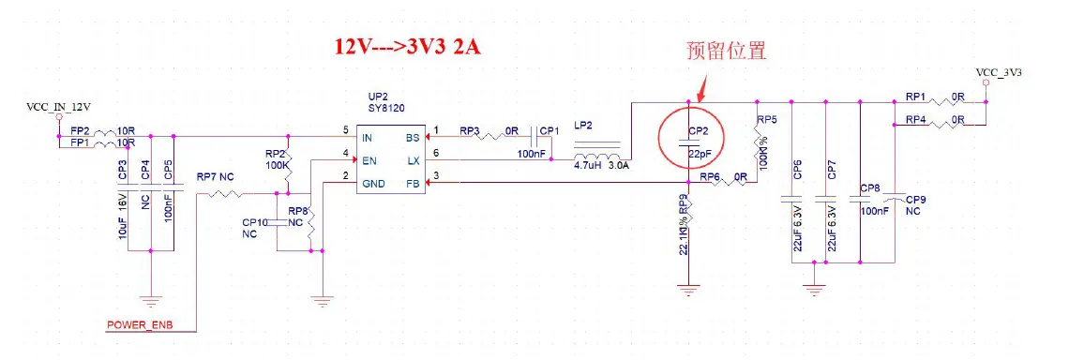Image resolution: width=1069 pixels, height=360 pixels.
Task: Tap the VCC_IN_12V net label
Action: (x=58, y=108)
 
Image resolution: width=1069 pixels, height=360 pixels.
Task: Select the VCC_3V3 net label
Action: (x=998, y=72)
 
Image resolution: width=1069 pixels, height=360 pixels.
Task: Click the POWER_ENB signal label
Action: (x=138, y=325)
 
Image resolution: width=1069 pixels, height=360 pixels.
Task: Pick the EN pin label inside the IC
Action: (x=369, y=160)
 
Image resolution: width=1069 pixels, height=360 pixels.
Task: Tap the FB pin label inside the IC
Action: (x=413, y=184)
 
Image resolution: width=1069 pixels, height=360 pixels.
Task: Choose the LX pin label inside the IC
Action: (x=413, y=160)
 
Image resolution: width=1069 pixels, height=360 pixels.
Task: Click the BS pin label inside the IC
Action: (x=413, y=137)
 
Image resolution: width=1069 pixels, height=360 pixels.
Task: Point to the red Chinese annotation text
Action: (x=727, y=50)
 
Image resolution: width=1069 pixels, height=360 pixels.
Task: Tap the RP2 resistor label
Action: (x=275, y=152)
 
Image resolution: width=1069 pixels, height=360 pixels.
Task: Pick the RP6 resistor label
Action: (x=710, y=175)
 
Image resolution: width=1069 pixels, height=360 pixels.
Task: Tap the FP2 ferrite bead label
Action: (x=81, y=130)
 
